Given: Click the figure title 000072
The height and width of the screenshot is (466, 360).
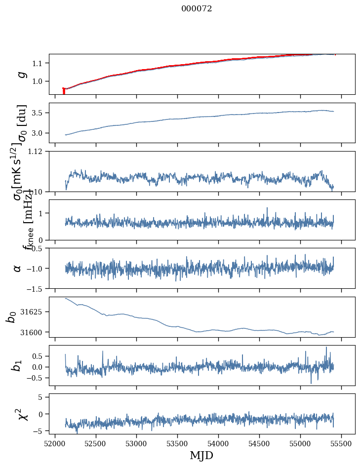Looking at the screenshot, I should [197, 8].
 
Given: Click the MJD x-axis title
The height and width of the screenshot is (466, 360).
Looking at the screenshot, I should [201, 455].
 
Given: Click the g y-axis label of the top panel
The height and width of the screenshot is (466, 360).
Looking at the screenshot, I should [21, 74].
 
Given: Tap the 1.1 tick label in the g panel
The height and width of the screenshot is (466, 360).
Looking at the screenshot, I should [39, 63].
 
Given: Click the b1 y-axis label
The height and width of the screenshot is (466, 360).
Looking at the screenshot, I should [18, 365].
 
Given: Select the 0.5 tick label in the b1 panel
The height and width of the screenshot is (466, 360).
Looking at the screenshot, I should [39, 356].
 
